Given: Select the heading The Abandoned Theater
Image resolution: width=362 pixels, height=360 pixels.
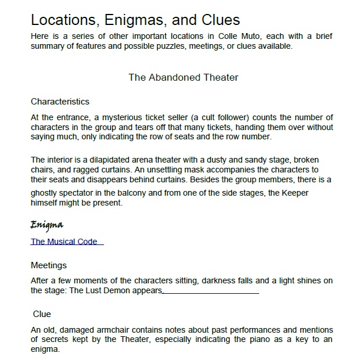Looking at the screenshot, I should pyautogui.click(x=183, y=77).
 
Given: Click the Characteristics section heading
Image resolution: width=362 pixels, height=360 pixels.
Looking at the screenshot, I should pyautogui.click(x=60, y=102).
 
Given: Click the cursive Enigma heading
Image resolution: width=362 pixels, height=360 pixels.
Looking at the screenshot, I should pyautogui.click(x=46, y=225).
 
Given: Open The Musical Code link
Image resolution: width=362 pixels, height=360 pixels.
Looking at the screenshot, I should pyautogui.click(x=64, y=242).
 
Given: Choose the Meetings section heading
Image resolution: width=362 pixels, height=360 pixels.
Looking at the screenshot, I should pyautogui.click(x=49, y=265).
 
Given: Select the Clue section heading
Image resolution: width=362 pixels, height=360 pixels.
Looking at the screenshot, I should pyautogui.click(x=42, y=314).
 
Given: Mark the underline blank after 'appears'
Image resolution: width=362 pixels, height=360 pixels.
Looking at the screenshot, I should pyautogui.click(x=211, y=291).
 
